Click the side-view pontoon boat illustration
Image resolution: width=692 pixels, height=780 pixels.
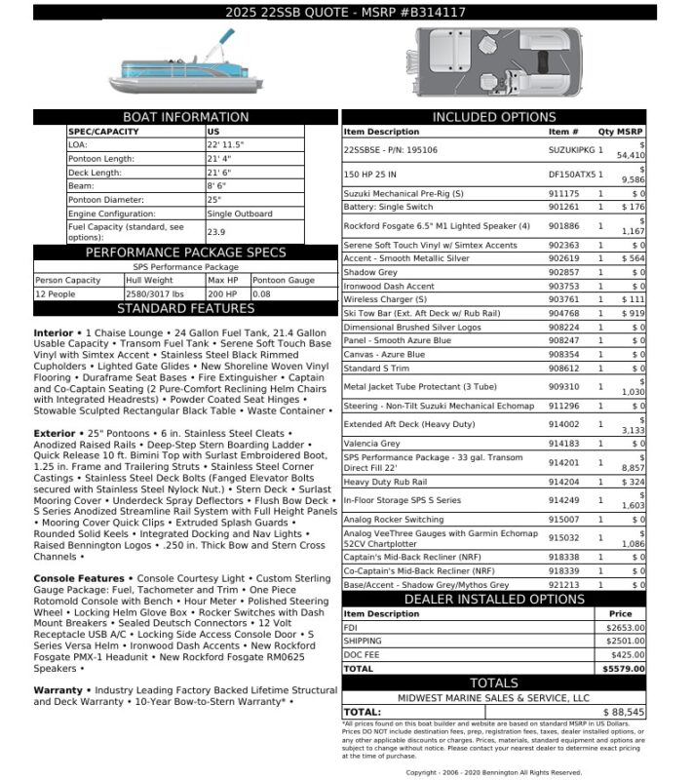184,66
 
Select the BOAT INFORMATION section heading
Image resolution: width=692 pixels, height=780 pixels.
185,117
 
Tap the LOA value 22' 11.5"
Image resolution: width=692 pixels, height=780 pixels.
225,144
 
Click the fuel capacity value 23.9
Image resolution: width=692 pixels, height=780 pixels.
216,232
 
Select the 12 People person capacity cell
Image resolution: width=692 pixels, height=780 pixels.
56,293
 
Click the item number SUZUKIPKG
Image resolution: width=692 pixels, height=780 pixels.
570,150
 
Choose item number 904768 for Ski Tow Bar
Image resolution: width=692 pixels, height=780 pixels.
563,314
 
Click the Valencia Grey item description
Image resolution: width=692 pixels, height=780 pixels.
373,444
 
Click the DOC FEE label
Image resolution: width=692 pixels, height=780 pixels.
360,655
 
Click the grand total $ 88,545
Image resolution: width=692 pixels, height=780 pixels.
624,713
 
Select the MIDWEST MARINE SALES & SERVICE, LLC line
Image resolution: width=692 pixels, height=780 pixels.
493,698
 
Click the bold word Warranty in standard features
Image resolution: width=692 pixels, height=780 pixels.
58,690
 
